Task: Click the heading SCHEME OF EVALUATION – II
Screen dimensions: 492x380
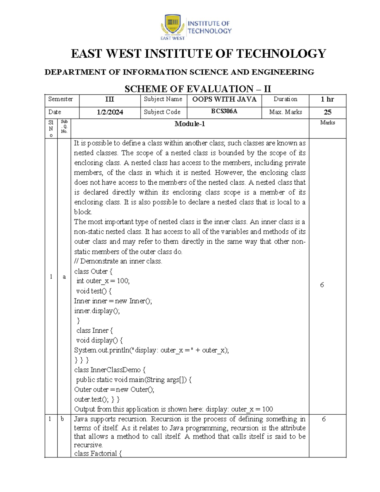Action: [198, 89]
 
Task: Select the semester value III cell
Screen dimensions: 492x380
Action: [110, 99]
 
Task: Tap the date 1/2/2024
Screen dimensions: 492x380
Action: [110, 112]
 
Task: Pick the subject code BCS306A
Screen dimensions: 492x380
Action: [224, 112]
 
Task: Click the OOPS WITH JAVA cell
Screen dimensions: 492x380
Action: [224, 99]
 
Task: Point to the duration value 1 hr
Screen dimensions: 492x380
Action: [327, 99]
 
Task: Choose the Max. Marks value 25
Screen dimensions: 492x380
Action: [327, 112]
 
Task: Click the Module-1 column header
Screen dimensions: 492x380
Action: [190, 124]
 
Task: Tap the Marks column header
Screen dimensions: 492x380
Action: [327, 123]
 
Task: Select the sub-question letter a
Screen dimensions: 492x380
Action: [64, 277]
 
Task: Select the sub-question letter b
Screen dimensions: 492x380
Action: [62, 419]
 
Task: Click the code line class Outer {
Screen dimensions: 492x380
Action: [93, 272]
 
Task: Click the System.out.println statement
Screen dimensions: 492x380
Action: [151, 350]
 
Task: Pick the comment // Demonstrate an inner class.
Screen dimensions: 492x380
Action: [118, 261]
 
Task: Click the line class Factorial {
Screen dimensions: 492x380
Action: [98, 453]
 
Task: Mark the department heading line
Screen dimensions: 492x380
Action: [179, 72]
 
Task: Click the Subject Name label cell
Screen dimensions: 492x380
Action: [163, 99]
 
